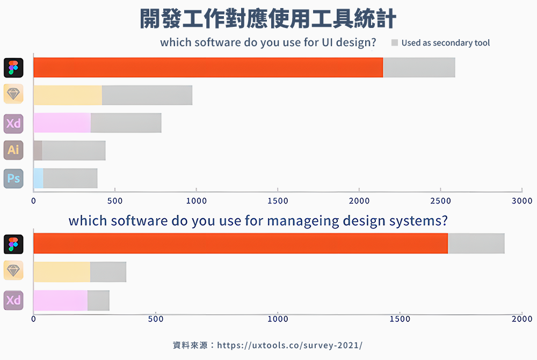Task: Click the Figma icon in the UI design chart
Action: [x=13, y=67]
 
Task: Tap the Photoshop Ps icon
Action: [x=13, y=178]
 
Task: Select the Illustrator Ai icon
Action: [x=13, y=150]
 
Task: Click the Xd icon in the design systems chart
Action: [x=13, y=300]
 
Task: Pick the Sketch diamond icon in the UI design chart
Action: [x=13, y=95]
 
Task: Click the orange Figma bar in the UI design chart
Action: [x=208, y=67]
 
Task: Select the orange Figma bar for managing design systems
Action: [x=240, y=243]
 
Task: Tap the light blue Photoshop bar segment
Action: [x=38, y=178]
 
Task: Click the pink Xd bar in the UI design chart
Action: [x=62, y=123]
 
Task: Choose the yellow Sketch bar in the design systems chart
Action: [x=62, y=272]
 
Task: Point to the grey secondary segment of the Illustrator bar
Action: [x=74, y=150]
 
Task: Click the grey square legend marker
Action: [x=394, y=42]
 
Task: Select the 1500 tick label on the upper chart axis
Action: [x=278, y=200]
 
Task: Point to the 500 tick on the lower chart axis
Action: [x=156, y=319]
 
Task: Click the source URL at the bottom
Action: [x=290, y=345]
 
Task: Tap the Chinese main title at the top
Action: [x=268, y=19]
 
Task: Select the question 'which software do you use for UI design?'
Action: [x=268, y=42]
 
